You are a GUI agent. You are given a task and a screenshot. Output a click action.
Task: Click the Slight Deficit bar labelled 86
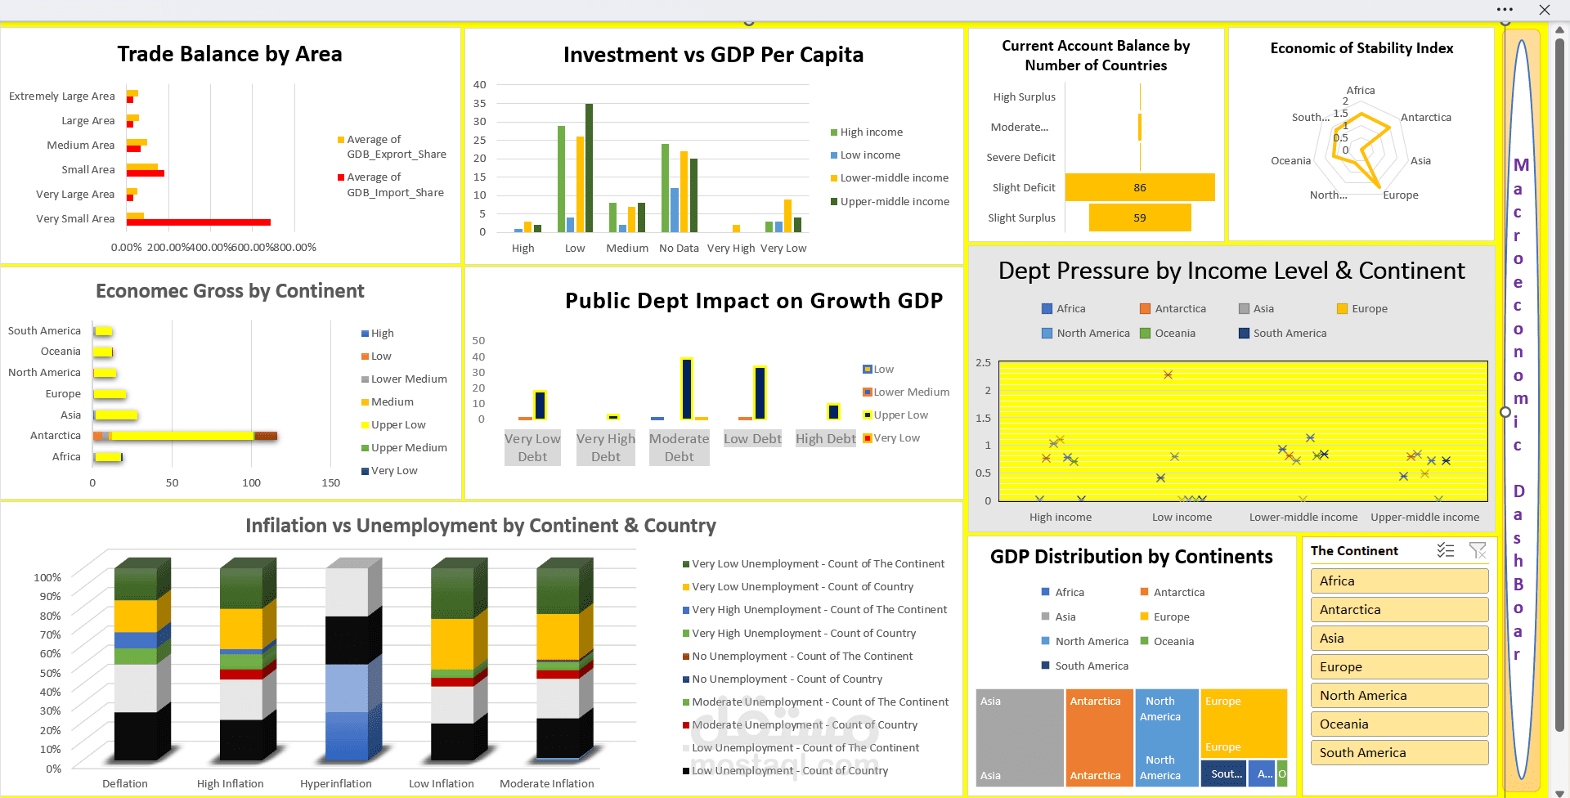point(1139,187)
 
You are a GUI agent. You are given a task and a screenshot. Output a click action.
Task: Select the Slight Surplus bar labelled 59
point(1139,217)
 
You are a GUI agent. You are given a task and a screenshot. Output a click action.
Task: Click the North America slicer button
point(1398,695)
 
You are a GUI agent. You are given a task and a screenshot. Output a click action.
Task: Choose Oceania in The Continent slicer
point(1398,724)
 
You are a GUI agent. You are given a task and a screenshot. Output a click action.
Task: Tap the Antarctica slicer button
point(1398,609)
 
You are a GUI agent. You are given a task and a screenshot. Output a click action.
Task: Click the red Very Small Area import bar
point(199,222)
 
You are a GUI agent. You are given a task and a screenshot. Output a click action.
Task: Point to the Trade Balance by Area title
point(230,54)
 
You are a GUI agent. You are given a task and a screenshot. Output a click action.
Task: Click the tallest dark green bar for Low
point(589,168)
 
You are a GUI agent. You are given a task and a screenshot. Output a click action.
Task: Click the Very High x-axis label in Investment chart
point(731,249)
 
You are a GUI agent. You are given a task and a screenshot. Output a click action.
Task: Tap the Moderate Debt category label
point(679,447)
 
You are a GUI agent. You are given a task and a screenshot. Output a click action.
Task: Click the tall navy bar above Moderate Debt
point(687,388)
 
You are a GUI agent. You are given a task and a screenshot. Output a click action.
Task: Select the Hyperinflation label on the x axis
point(335,783)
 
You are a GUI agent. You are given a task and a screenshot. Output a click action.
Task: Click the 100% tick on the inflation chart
point(47,577)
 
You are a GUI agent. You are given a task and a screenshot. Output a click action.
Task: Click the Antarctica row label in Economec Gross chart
point(56,436)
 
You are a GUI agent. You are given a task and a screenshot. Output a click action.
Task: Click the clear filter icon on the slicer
point(1478,550)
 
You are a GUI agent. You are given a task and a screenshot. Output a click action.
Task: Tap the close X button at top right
point(1544,10)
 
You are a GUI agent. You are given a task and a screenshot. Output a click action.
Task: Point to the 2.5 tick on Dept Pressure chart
point(983,362)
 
